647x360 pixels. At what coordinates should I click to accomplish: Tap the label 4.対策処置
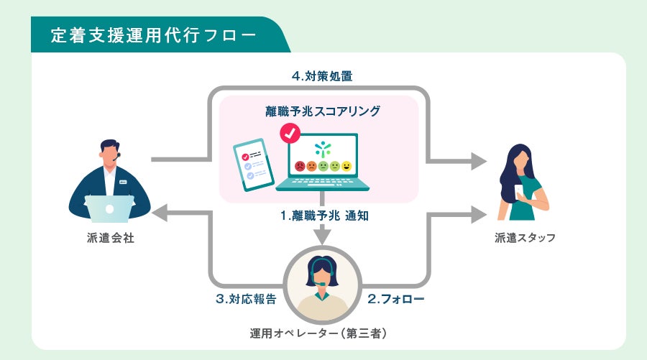322,75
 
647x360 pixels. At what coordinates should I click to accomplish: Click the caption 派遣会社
110,239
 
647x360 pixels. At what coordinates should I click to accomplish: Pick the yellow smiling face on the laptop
347,167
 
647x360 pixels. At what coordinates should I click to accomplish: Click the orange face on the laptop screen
311,167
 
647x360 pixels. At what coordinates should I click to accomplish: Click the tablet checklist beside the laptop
254,165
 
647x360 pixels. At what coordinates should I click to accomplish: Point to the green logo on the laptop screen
323,149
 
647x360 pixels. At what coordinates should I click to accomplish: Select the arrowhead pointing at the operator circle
323,236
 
